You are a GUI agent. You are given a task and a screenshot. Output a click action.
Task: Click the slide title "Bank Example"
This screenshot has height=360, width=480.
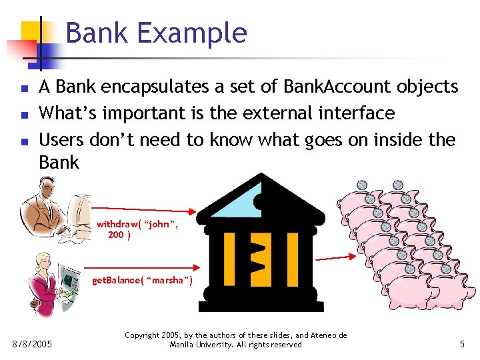156,33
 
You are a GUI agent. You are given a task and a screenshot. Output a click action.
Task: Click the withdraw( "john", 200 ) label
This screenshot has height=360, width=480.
137,229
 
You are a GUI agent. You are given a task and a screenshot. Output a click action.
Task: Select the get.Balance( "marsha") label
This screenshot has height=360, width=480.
142,280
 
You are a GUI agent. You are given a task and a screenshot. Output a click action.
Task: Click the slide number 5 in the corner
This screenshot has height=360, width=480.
462,345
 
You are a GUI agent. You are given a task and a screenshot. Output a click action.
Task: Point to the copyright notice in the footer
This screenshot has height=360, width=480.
235,340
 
